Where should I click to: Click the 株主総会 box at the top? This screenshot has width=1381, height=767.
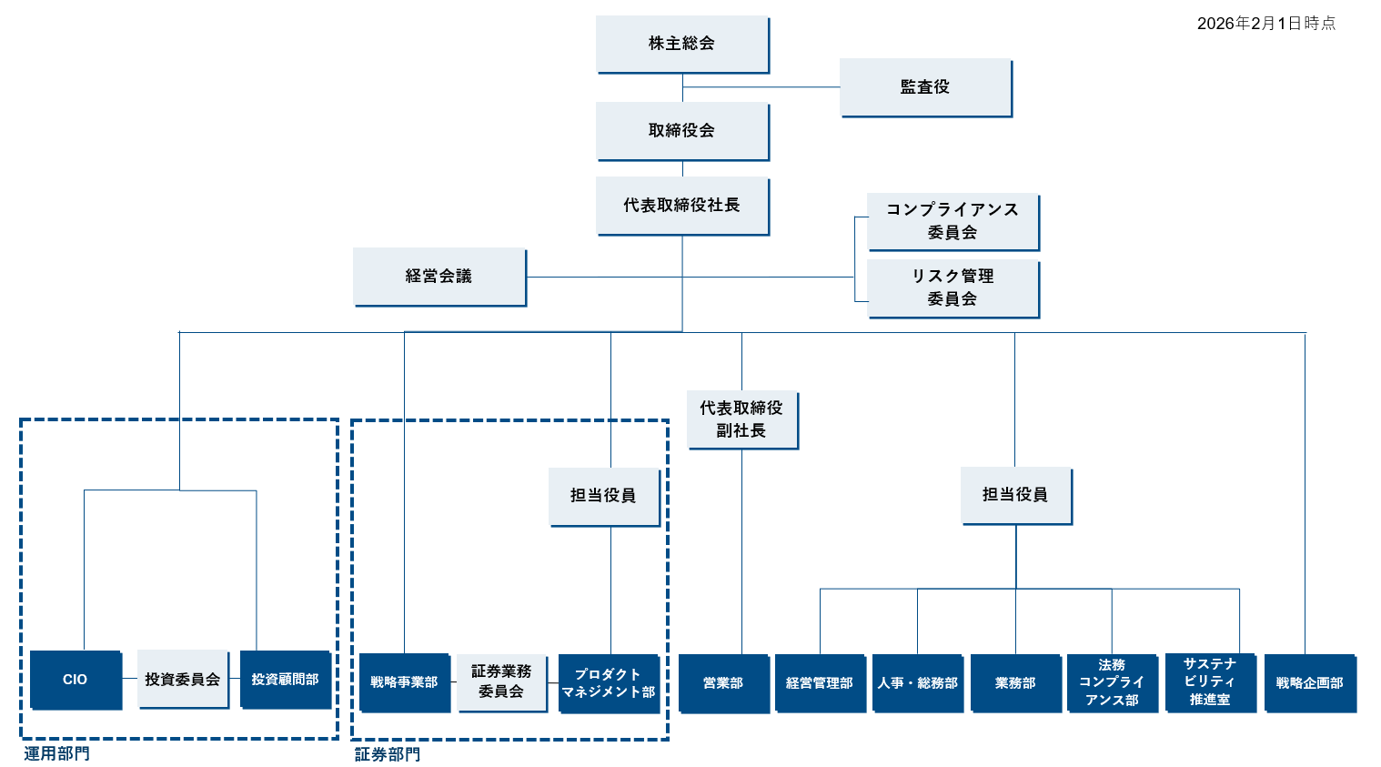point(681,44)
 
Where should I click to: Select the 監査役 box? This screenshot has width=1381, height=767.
point(924,87)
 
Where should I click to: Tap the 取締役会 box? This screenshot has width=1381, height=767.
point(681,131)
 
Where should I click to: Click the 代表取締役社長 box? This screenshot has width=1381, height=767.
point(681,206)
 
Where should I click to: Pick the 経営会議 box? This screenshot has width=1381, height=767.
point(438,276)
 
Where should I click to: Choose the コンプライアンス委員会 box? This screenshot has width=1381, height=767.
point(952,221)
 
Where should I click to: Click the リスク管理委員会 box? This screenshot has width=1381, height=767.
point(952,288)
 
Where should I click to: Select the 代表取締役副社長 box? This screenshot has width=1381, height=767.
point(741,419)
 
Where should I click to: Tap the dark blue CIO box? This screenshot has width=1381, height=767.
point(76,680)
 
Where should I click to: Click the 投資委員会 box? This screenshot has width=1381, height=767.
point(182,680)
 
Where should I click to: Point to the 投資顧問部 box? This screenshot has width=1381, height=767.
point(285,680)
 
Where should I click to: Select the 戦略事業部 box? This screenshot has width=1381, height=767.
point(404,682)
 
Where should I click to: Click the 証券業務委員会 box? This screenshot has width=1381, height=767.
point(501,681)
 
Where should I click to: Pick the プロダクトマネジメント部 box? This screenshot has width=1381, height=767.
point(608,683)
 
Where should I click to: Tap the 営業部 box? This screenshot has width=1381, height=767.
point(723,683)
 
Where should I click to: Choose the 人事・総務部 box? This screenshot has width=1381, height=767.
point(917,683)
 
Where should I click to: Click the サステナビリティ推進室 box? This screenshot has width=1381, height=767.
point(1209,682)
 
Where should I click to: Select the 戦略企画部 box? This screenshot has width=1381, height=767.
point(1309,683)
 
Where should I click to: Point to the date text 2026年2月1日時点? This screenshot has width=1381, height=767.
point(1265,24)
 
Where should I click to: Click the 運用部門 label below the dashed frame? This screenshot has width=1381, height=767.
point(56,753)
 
